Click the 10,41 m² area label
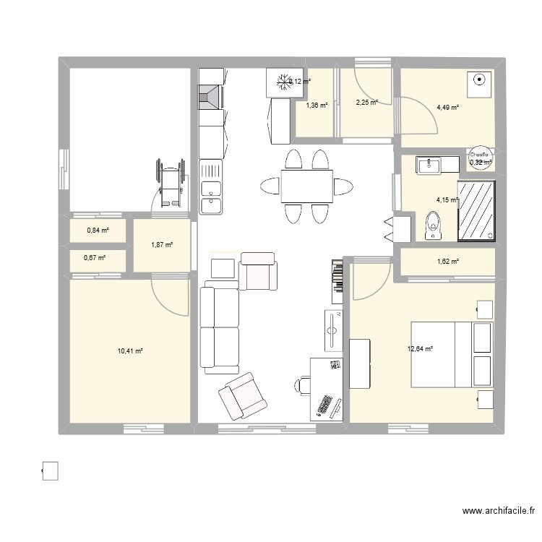tap(130, 351)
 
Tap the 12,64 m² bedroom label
tap(420, 349)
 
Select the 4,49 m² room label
tap(448, 108)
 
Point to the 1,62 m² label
tap(448, 262)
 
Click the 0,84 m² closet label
tap(98, 231)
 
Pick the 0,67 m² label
tap(95, 258)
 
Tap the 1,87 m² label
tap(162, 246)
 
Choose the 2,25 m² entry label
tap(366, 103)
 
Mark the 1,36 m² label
tap(317, 106)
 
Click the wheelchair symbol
tap(168, 184)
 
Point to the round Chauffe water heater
tap(480, 157)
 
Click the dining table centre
tap(307, 186)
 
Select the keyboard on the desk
tap(324, 407)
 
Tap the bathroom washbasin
tap(429, 166)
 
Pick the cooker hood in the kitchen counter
tap(210, 97)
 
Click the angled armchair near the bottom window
tap(238, 395)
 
